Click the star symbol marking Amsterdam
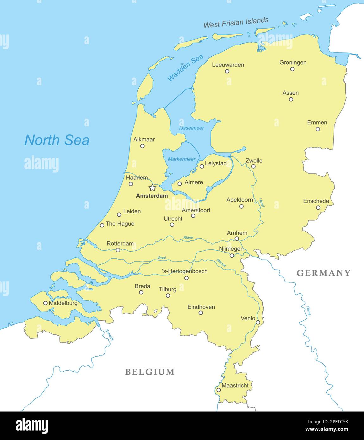152,188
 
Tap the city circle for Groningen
292,69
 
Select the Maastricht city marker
218,390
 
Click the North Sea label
57,140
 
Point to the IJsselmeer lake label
191,128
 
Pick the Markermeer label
182,159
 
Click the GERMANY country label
323,273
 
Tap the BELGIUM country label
150,372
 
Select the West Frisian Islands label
236,23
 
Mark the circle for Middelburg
45,303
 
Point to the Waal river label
162,258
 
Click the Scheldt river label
109,335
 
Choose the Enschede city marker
318,208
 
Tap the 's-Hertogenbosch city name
185,271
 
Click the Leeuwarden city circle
227,71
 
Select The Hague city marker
102,225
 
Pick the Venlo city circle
258,322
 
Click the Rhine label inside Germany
308,311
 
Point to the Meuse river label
221,263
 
